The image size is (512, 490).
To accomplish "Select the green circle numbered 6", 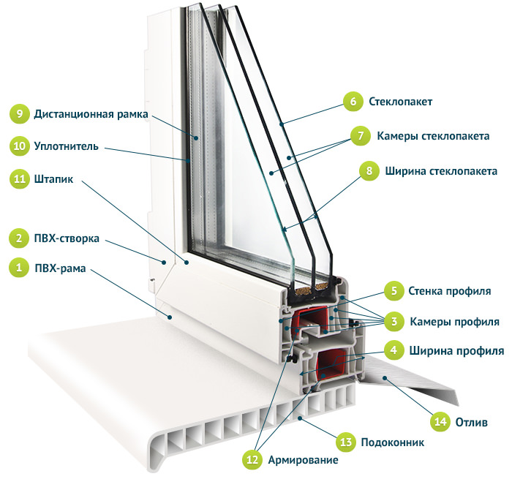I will (x=353, y=102).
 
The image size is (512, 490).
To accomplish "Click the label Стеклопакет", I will (x=401, y=102).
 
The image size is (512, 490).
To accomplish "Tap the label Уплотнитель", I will (x=65, y=146).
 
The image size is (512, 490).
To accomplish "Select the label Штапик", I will (x=53, y=178).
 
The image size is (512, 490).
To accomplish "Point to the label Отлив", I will (x=472, y=422).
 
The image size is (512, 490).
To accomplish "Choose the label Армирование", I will (x=302, y=460).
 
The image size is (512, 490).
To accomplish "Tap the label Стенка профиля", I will (x=449, y=291).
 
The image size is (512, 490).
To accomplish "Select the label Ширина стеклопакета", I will (x=442, y=171).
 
